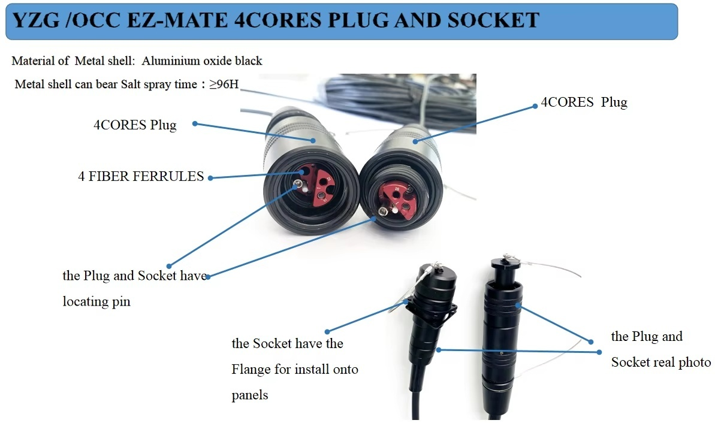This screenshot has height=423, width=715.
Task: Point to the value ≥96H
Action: click(x=224, y=84)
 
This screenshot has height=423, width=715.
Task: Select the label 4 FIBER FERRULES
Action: click(x=141, y=177)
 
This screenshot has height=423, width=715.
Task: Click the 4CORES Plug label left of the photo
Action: click(x=135, y=125)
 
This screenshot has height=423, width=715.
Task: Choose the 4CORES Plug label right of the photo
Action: click(x=584, y=102)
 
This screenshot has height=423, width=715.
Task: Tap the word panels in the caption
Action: click(x=250, y=395)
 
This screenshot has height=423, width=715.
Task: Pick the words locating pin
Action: click(x=96, y=301)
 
